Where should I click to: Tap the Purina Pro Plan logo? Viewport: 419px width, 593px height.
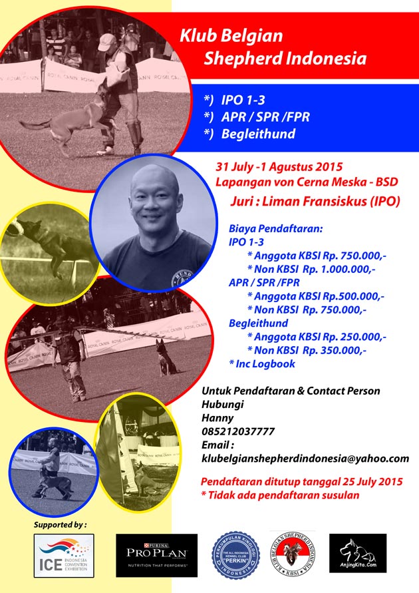(x=156, y=554)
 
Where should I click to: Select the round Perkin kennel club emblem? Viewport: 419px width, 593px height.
(x=239, y=554)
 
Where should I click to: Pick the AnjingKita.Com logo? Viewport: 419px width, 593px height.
(x=358, y=554)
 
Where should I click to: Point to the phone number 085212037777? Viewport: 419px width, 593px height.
(x=237, y=432)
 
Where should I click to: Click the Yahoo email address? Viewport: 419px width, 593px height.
(x=305, y=459)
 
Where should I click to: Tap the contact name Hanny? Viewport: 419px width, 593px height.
(x=217, y=419)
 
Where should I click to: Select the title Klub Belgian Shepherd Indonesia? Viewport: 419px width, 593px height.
(x=273, y=47)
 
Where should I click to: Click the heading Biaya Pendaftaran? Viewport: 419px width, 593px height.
(x=275, y=228)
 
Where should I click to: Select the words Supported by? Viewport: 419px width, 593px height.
(x=60, y=524)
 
